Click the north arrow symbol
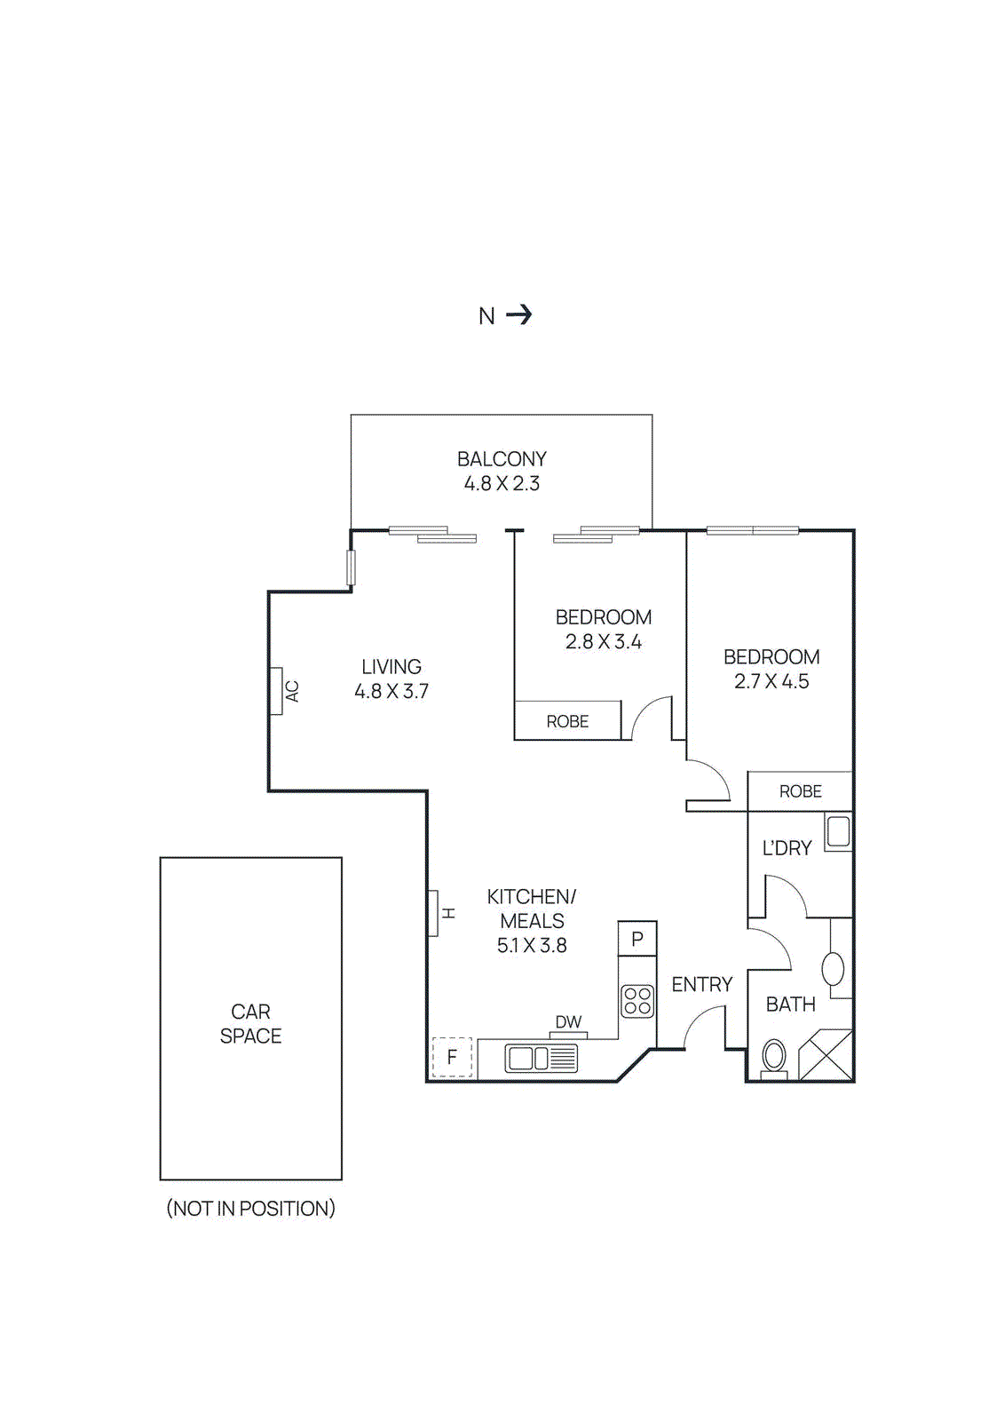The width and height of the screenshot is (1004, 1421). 518,314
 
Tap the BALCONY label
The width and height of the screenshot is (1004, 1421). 502,459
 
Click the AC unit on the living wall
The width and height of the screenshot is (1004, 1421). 276,691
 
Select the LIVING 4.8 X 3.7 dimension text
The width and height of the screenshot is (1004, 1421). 391,691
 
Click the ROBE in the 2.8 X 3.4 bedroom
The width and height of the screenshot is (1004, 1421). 567,721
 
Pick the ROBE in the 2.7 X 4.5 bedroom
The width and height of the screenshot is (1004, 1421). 800,791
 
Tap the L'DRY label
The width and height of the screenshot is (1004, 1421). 787,848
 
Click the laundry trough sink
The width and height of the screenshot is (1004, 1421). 838,832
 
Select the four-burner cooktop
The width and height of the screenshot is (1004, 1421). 637,1001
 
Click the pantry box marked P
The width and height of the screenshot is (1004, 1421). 637,939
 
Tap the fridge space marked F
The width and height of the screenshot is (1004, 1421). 452,1057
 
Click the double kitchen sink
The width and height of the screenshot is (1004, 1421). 541,1058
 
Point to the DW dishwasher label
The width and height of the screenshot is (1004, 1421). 568,1022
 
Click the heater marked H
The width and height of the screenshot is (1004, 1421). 433,913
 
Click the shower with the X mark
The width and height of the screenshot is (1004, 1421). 826,1055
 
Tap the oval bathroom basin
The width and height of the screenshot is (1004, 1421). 833,968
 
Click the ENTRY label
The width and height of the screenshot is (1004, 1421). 701,984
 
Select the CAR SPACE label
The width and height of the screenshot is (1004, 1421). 250,1024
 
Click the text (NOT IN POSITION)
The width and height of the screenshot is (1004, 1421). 250,1209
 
